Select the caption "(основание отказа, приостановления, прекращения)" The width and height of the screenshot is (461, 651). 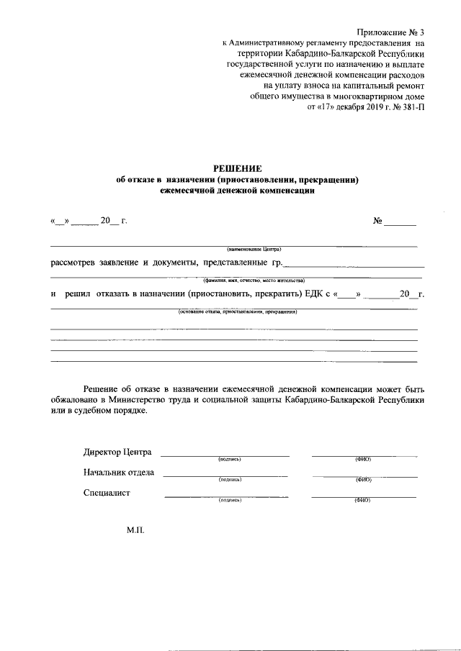click(x=238, y=312)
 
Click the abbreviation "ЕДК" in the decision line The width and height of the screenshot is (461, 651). click(x=314, y=294)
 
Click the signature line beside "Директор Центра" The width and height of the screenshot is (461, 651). click(x=224, y=455)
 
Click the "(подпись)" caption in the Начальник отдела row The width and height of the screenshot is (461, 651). click(x=229, y=479)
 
